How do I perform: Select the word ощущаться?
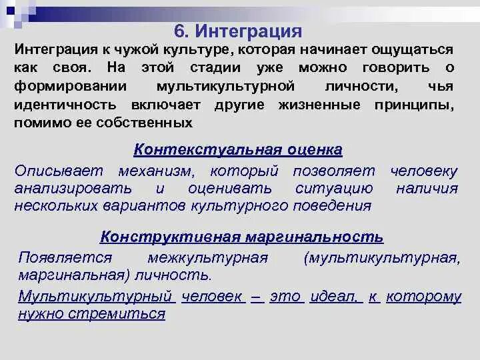coord(412,51)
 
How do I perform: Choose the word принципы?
coord(417,105)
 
